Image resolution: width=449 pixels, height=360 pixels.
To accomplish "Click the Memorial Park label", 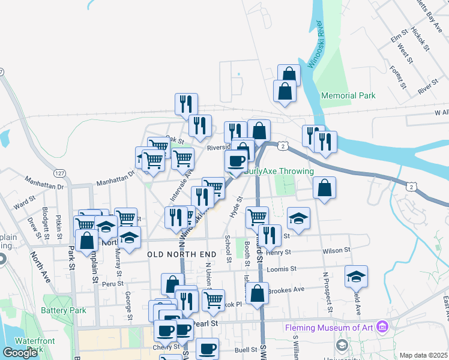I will [348, 95].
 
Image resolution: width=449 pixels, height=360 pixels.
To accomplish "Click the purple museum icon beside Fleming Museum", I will [384, 328].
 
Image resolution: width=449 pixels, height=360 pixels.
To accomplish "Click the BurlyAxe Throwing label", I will [279, 171].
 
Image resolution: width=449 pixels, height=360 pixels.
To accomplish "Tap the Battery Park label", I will [64, 310].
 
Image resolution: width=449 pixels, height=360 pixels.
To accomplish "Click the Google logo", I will [20, 353].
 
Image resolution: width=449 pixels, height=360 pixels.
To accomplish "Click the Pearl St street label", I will [204, 323].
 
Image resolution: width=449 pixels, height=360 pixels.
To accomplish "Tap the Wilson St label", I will [336, 250].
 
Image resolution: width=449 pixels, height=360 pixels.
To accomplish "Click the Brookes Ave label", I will [286, 290].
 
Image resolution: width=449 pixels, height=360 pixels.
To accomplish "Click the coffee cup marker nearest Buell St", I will [207, 348].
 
